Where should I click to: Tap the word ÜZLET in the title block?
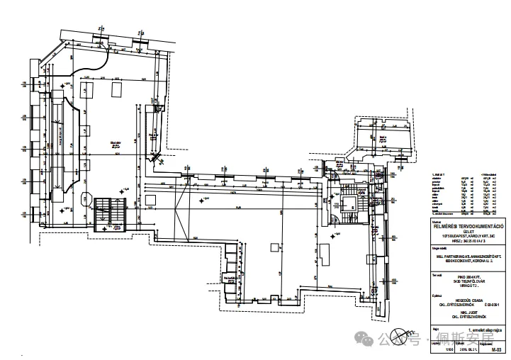[x=468, y=231]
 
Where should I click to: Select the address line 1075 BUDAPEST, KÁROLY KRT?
[x=468, y=236]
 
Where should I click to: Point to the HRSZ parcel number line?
[x=468, y=241]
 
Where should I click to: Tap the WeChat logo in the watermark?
[x=369, y=339]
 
